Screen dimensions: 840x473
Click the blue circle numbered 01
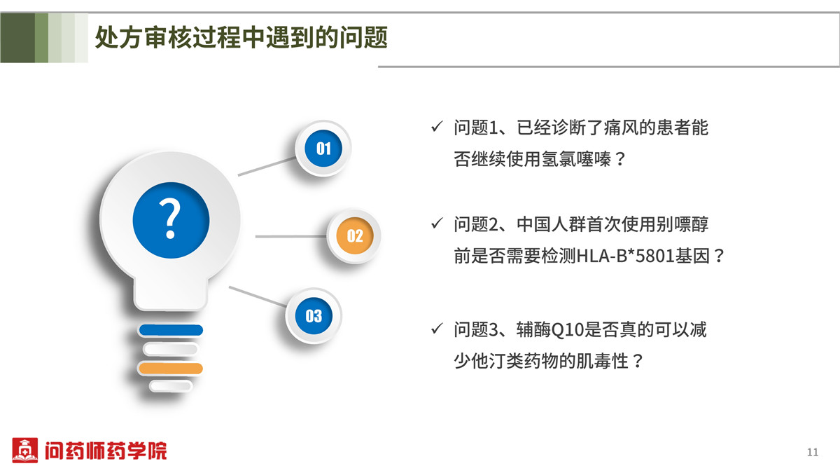pyautogui.click(x=323, y=149)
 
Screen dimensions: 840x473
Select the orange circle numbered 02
pyautogui.click(x=355, y=235)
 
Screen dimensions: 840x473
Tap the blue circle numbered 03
pyautogui.click(x=314, y=316)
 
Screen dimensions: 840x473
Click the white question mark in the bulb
pyautogui.click(x=170, y=219)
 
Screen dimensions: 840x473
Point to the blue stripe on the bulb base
pyautogui.click(x=171, y=330)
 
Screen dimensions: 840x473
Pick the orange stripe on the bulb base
pyautogui.click(x=171, y=369)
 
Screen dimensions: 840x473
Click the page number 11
pyautogui.click(x=813, y=453)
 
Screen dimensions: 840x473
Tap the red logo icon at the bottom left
pyautogui.click(x=24, y=450)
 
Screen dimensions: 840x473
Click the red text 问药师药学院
pyautogui.click(x=106, y=451)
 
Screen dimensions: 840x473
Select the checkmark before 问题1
pyautogui.click(x=437, y=127)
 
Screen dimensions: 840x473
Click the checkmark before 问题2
pyautogui.click(x=437, y=223)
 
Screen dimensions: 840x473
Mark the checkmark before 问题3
pyautogui.click(x=437, y=328)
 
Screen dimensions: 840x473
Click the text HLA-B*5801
pyautogui.click(x=625, y=256)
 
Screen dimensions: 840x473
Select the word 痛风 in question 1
pyautogui.click(x=621, y=128)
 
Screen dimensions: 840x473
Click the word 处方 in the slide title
pyautogui.click(x=118, y=38)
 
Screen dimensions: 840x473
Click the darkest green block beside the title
pyautogui.click(x=17, y=38)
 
